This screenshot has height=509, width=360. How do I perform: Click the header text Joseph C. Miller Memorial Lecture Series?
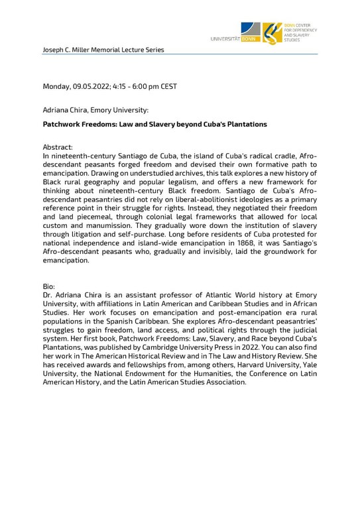[103, 50]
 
